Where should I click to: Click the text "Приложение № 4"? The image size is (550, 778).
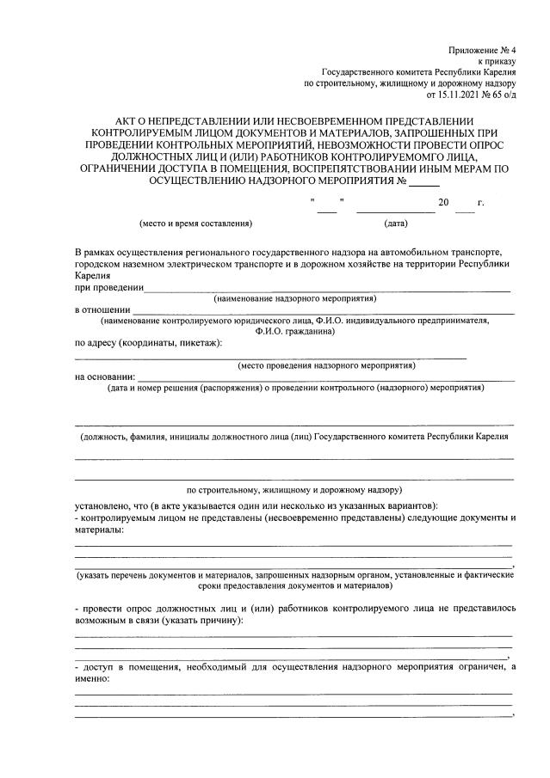coord(481,52)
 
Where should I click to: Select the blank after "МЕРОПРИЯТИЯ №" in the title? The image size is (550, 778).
coord(423,182)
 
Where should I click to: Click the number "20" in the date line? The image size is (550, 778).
coord(443,203)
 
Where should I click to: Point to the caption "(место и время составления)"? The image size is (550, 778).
coord(195,224)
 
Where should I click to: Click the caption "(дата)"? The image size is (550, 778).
coord(396,224)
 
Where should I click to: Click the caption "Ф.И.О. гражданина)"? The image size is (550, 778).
coord(295,331)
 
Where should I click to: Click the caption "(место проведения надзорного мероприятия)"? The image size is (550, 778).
coord(326,365)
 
